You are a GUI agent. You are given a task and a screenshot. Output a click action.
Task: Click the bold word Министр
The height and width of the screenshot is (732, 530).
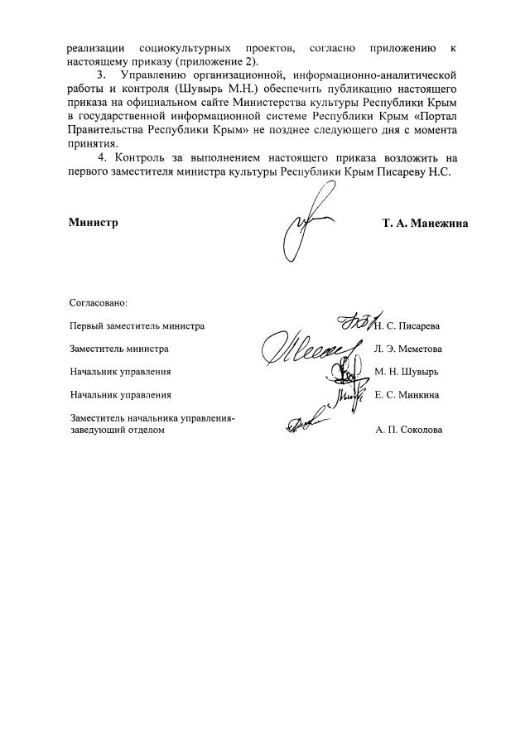(x=93, y=223)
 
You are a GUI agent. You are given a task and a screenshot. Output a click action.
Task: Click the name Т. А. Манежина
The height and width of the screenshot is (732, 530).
(x=425, y=223)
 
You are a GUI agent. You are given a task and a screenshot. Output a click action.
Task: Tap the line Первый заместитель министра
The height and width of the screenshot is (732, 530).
(x=137, y=326)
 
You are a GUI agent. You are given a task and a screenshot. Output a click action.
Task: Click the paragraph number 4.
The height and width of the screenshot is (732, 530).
(x=102, y=157)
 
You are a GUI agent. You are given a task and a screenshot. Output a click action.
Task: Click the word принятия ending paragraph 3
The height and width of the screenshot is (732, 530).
(x=91, y=143)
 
